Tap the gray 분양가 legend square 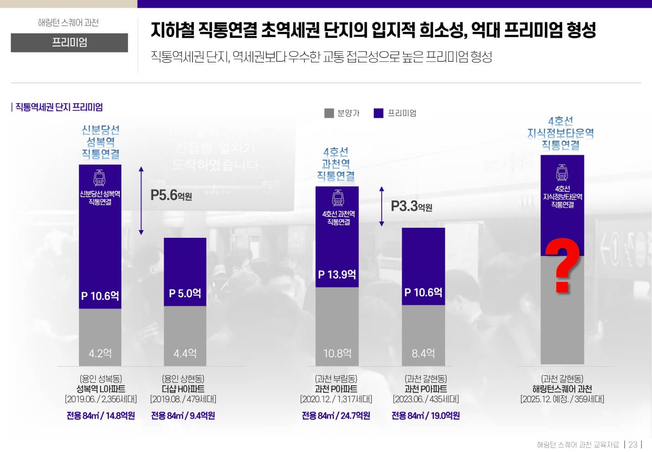coord(329,113)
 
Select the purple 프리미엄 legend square coord(378,113)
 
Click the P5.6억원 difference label coord(171,195)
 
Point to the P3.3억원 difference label coord(411,206)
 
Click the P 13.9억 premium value coord(337,274)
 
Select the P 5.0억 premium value coord(185,293)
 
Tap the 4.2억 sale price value coord(100,353)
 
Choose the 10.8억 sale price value coord(337,353)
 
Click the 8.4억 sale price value coord(423,353)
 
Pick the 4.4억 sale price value coord(185,353)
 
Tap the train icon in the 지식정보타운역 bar coord(562,173)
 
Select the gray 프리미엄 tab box coord(69,42)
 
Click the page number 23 coord(633,444)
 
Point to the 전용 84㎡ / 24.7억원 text coord(336,415)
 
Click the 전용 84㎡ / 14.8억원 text coord(100,415)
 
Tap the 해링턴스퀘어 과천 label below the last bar coord(562,389)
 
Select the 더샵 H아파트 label coord(183,389)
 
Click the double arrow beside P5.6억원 coord(141,200)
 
